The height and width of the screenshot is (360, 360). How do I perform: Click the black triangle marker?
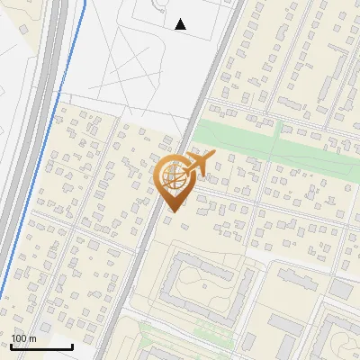(x=181, y=24)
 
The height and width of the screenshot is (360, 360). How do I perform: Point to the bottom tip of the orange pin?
(x=171, y=211)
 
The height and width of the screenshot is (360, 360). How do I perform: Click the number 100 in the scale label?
(x=20, y=338)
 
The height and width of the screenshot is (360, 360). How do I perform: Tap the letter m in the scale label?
(x=32, y=338)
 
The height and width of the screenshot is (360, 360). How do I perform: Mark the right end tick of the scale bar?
(x=72, y=346)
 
